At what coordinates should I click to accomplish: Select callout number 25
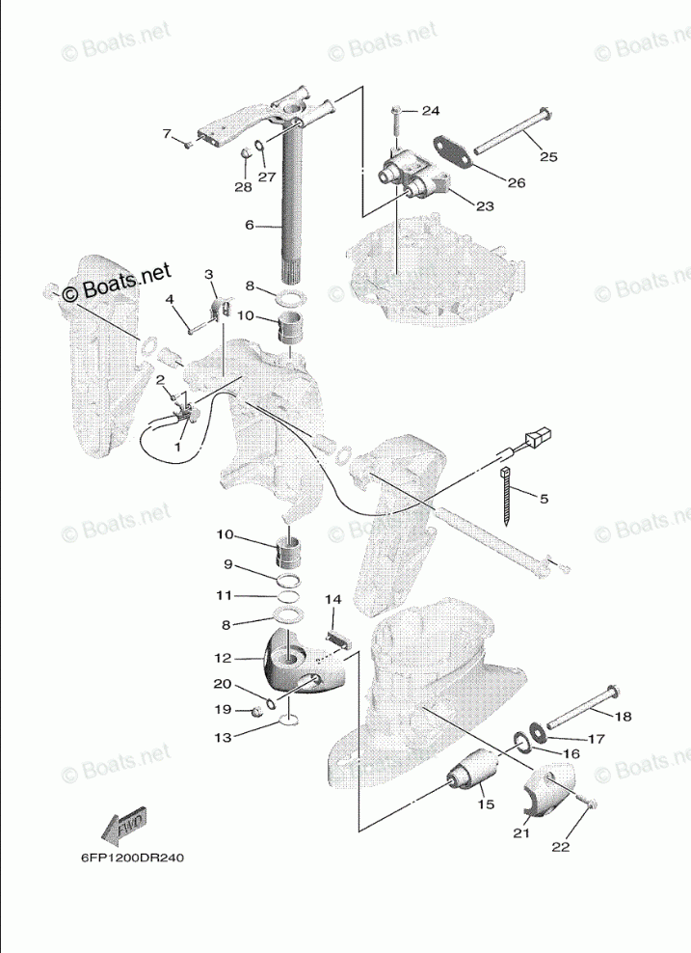tap(547, 155)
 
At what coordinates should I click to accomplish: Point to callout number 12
tap(222, 659)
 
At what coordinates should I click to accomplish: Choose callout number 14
tap(332, 600)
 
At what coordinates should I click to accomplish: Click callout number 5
tap(543, 499)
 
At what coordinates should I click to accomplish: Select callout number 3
tap(208, 275)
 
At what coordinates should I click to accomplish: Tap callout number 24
tap(429, 110)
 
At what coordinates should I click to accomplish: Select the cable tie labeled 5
tap(508, 498)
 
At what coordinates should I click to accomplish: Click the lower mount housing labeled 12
tap(304, 663)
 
